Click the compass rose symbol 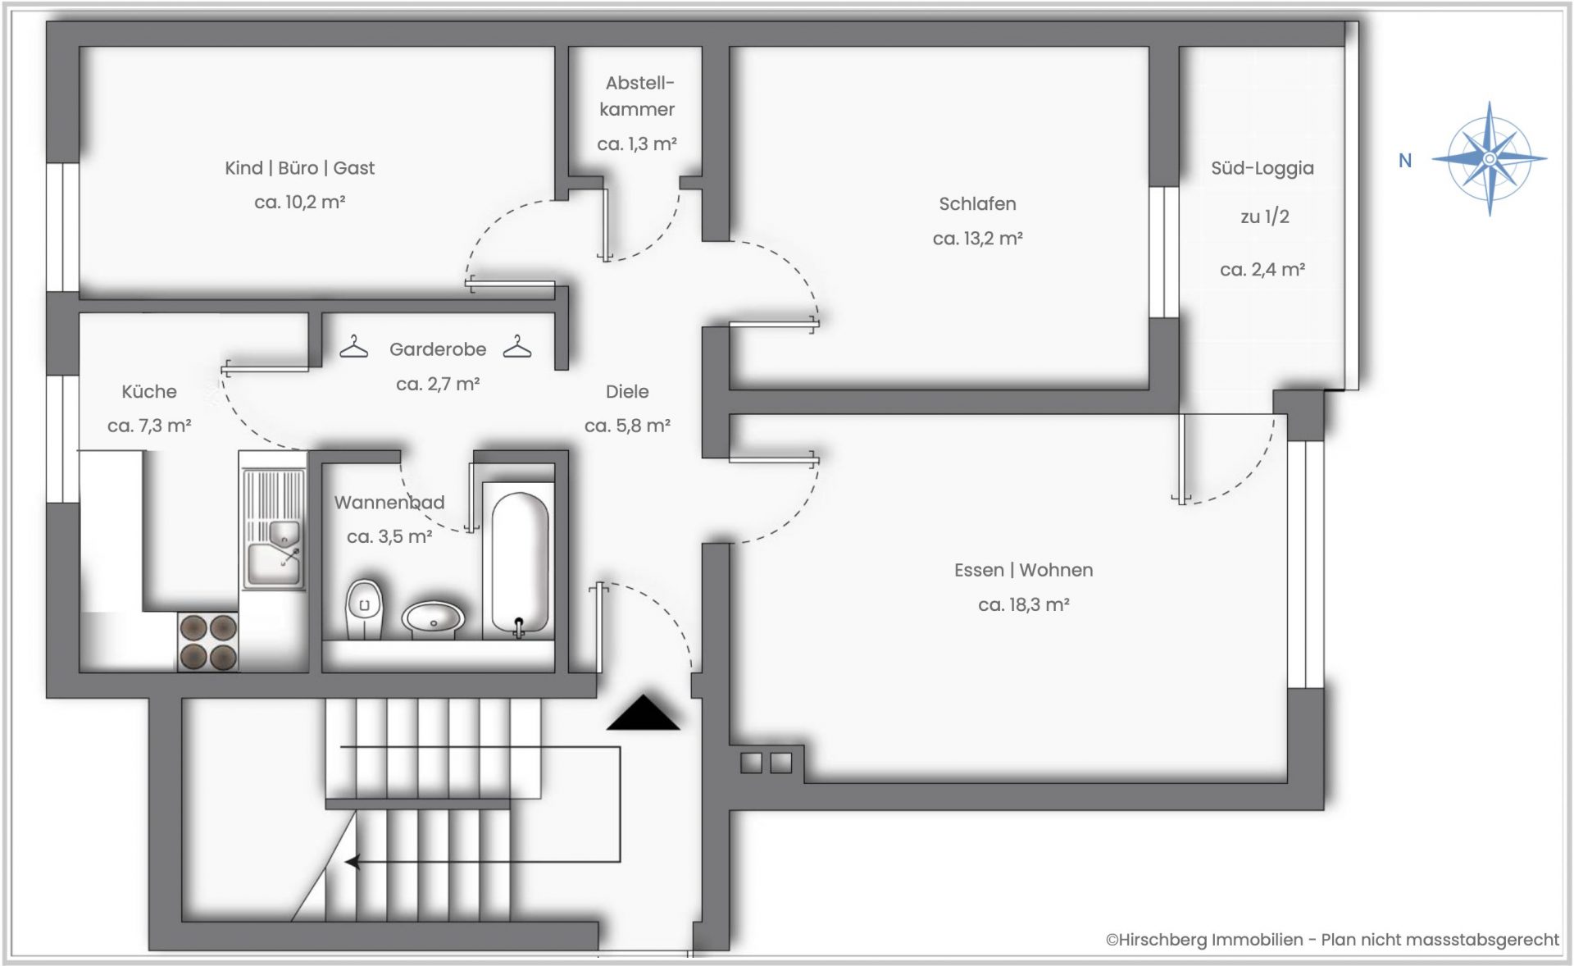coord(1490,158)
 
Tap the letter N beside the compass coord(1405,161)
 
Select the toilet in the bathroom coord(364,608)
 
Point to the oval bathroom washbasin coord(433,619)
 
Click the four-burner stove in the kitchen coord(208,642)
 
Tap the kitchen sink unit coord(274,529)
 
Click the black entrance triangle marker coord(644,713)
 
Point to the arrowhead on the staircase coord(352,862)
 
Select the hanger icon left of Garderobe coord(354,347)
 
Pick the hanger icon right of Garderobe coord(517,347)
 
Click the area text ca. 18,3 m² coord(1024,605)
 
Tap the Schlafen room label coord(977,203)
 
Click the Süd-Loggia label coord(1262,168)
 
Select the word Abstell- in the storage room coord(640,83)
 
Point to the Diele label coord(627,392)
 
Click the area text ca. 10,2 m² coord(300,203)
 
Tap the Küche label coord(149,392)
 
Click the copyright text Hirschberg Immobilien coord(1204,940)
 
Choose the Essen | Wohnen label coord(1024,570)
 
